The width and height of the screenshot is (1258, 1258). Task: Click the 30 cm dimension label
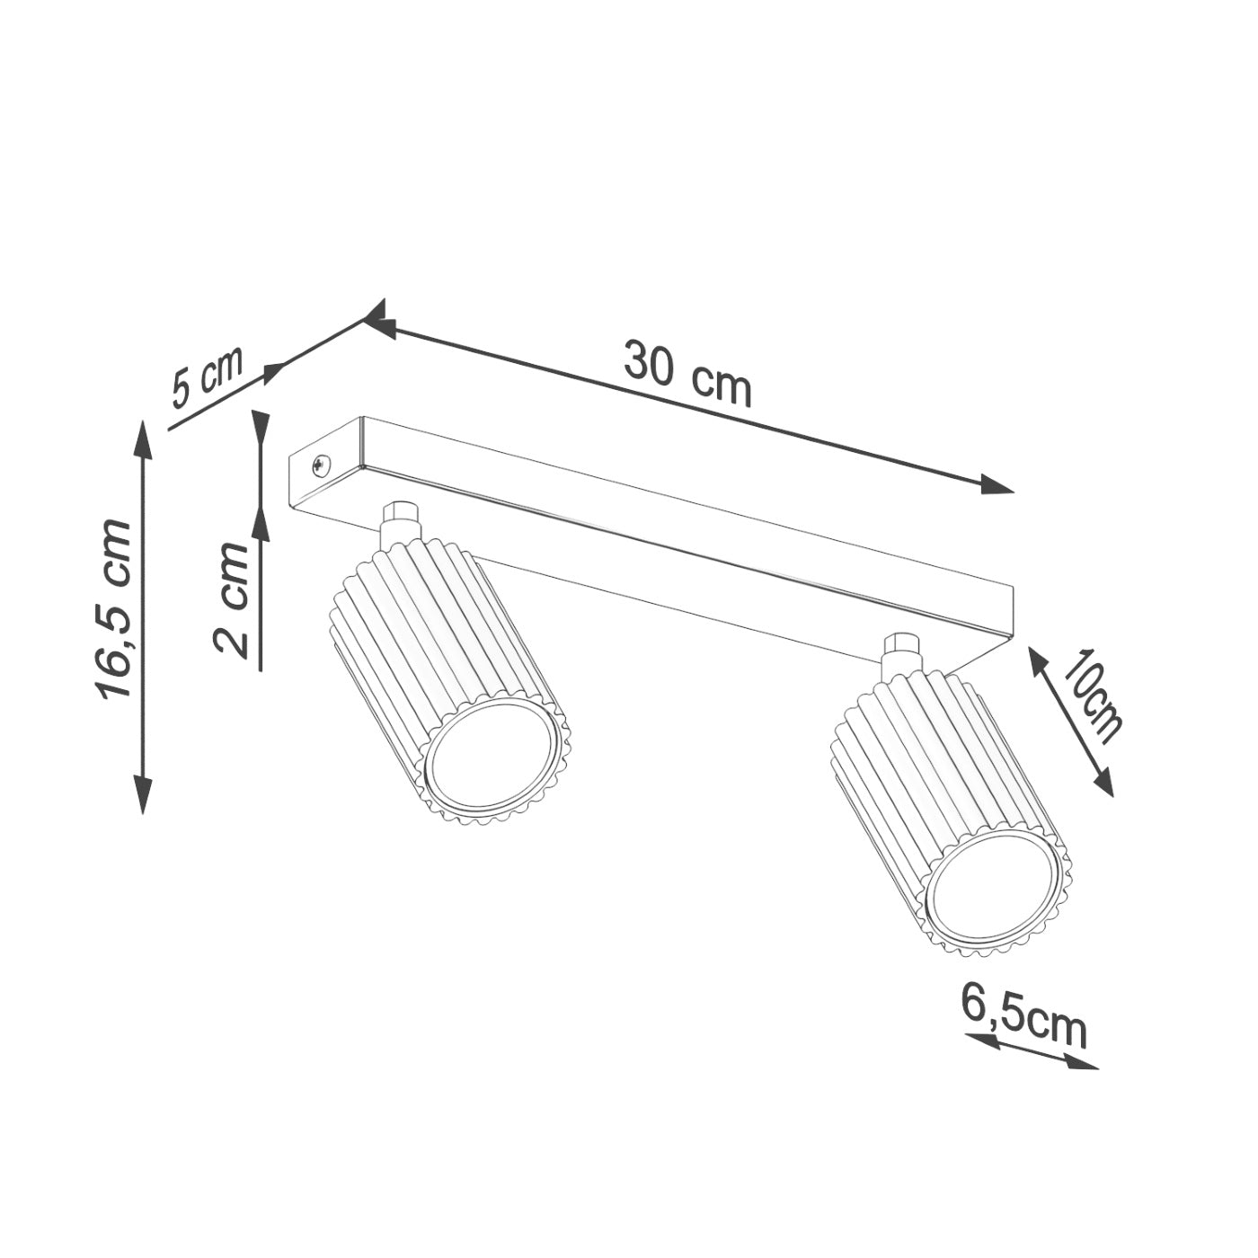tap(687, 373)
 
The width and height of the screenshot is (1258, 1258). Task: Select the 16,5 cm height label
tap(114, 608)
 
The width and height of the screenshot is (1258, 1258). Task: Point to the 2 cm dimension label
tap(232, 599)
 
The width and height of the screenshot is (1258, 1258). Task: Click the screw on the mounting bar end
tap(321, 465)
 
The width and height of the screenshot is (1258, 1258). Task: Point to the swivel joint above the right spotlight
tap(901, 654)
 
